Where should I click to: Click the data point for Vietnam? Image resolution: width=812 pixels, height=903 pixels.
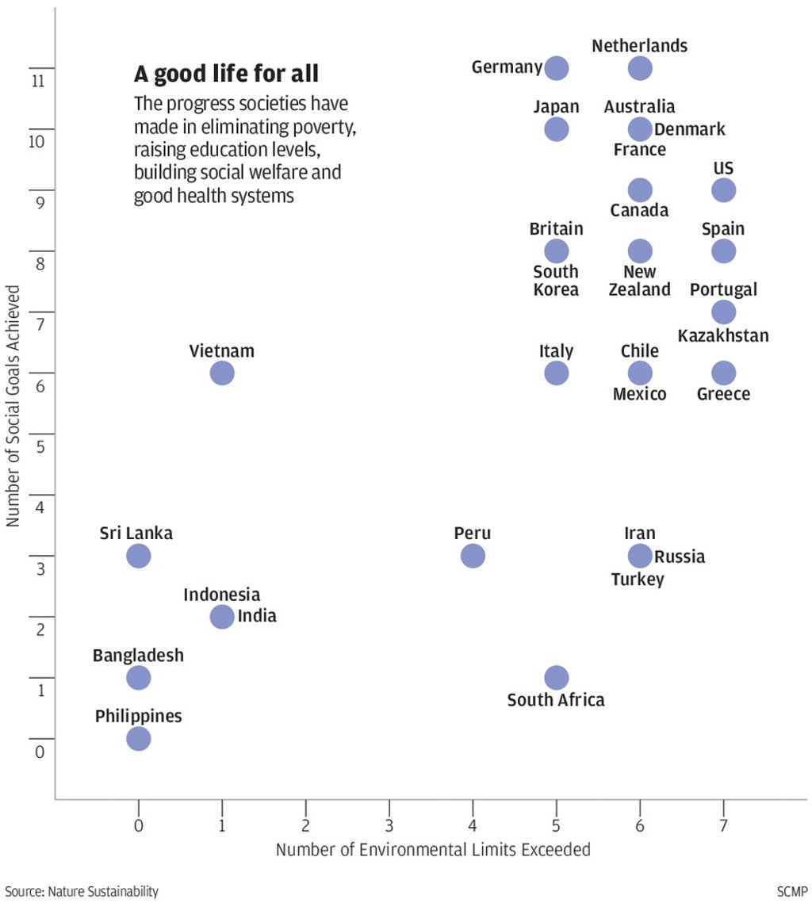222,373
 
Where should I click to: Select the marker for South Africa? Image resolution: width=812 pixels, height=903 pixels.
557,678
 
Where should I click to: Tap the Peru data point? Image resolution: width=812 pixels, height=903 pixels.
473,556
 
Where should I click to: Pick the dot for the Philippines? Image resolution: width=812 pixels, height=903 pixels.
138,739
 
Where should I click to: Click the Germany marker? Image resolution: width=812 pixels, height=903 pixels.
557,68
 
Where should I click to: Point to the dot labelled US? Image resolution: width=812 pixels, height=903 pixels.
723,190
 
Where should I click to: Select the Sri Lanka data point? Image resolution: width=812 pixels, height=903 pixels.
138,556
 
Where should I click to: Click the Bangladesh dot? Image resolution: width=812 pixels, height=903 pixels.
138,678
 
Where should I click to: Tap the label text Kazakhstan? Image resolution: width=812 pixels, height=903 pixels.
723,336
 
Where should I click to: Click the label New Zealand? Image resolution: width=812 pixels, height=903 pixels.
639,281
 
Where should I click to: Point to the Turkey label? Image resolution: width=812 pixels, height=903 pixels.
638,580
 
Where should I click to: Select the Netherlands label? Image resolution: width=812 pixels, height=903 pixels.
639,46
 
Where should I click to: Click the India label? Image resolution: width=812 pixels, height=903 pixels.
257,615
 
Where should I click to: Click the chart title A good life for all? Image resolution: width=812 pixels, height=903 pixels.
226,75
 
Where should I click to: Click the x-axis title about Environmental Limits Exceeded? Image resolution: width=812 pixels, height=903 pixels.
433,850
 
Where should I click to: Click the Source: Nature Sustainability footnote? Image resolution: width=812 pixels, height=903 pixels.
82,892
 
